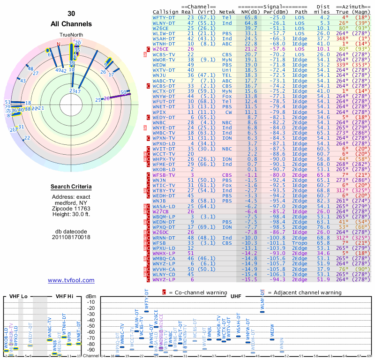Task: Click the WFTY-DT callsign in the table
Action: pyautogui.click(x=164, y=17)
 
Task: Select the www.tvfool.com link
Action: pyautogui.click(x=71, y=280)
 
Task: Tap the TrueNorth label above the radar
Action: pyautogui.click(x=71, y=35)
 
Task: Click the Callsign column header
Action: pyautogui.click(x=165, y=12)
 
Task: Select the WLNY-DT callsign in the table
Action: pyautogui.click(x=164, y=22)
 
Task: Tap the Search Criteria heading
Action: pyautogui.click(x=71, y=187)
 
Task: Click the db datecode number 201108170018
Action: pyautogui.click(x=71, y=237)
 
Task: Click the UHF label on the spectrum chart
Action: pyautogui.click(x=236, y=296)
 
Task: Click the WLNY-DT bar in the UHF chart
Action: pyautogui.click(x=262, y=312)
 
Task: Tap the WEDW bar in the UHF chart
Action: pyautogui.click(x=272, y=339)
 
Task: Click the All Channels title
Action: pyautogui.click(x=71, y=24)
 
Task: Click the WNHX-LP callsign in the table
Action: pyautogui.click(x=164, y=253)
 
